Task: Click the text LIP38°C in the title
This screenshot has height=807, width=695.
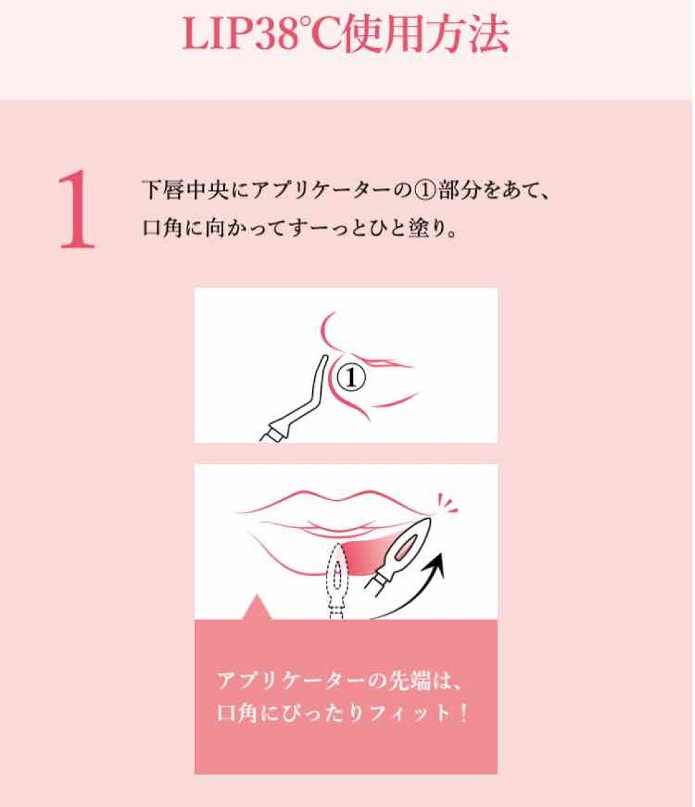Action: click(x=261, y=35)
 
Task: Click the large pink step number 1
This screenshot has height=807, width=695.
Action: click(x=76, y=210)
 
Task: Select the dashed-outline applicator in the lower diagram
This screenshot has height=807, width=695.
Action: click(x=337, y=577)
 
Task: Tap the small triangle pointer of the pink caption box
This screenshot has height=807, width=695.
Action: click(x=256, y=609)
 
